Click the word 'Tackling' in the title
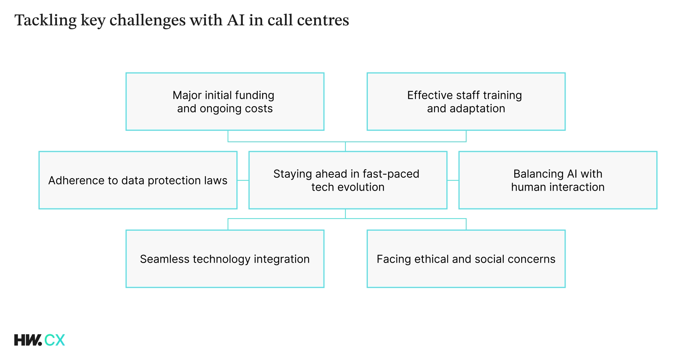coord(46,21)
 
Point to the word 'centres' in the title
coord(323,21)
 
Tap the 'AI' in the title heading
coord(236,21)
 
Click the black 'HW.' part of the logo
coord(28,340)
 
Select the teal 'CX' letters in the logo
coord(55,340)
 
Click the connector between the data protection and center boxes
coord(243,180)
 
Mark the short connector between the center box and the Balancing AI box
coord(453,180)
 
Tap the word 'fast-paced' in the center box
coord(391,174)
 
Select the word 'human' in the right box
coord(528,187)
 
